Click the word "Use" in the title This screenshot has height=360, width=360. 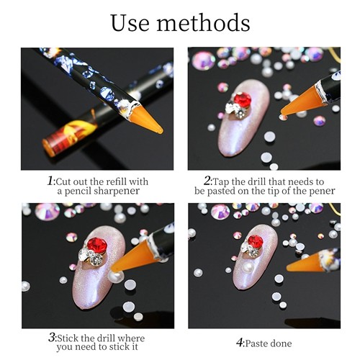pyautogui.click(x=130, y=23)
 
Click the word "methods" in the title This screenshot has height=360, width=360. pyautogui.click(x=203, y=22)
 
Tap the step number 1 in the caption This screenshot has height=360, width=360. pyautogui.click(x=50, y=181)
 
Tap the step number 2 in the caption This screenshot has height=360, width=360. pyautogui.click(x=207, y=181)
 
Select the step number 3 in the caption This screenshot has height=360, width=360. pyautogui.click(x=52, y=337)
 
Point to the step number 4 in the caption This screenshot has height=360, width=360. pyautogui.click(x=240, y=343)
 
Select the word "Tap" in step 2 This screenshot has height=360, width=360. pyautogui.click(x=221, y=182)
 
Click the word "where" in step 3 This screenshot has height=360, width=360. pyautogui.click(x=131, y=338)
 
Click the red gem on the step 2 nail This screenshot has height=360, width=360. pyautogui.click(x=243, y=99)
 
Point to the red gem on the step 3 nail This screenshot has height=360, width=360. pyautogui.click(x=96, y=246)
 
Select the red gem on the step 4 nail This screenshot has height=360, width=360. pyautogui.click(x=256, y=242)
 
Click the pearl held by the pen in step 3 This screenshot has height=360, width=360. pyautogui.click(x=116, y=276)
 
